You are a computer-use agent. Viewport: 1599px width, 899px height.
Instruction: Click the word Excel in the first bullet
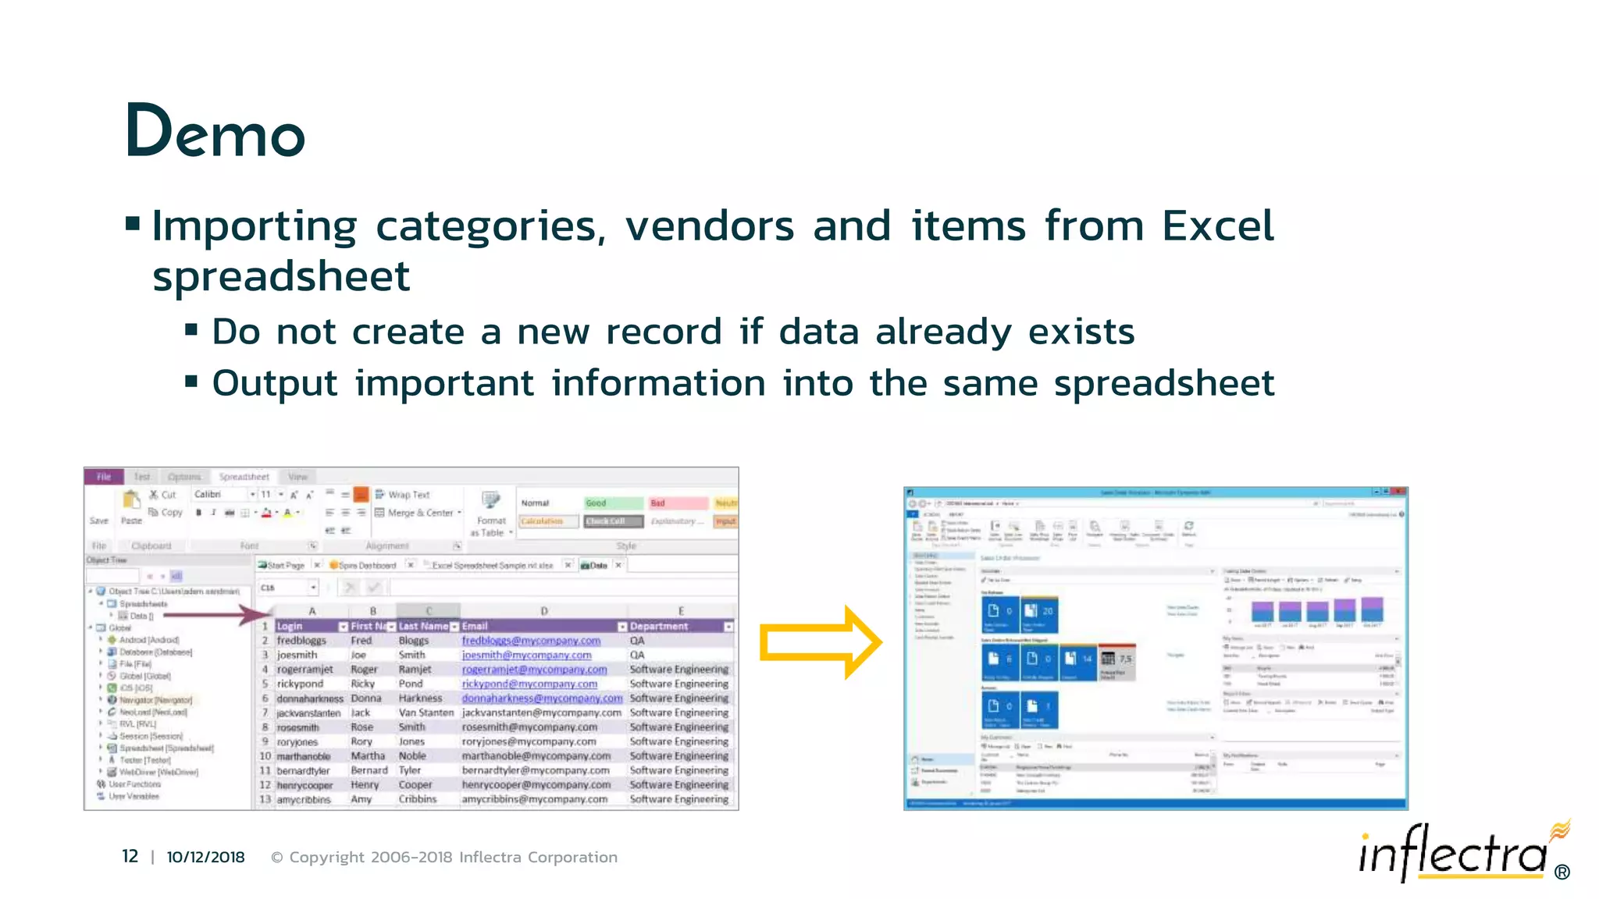pos(1217,226)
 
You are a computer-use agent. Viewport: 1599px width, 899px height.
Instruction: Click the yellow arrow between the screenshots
pos(820,643)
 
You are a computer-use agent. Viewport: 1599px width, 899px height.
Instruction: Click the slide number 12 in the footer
pos(130,857)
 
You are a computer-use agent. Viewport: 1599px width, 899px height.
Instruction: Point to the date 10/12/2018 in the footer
pos(205,857)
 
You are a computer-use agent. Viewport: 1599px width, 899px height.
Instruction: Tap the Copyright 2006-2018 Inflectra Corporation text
pos(444,857)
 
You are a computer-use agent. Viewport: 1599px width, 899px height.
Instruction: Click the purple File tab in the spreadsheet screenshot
pos(104,477)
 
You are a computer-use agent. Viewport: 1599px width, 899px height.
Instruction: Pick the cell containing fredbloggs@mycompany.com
pos(531,641)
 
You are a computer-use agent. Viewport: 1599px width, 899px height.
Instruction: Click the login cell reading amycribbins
pos(304,799)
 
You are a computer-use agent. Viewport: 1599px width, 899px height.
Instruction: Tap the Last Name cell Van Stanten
pos(426,712)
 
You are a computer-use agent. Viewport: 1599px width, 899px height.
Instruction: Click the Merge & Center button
pos(418,513)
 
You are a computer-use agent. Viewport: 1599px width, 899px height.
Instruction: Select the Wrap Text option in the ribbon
pos(403,495)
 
